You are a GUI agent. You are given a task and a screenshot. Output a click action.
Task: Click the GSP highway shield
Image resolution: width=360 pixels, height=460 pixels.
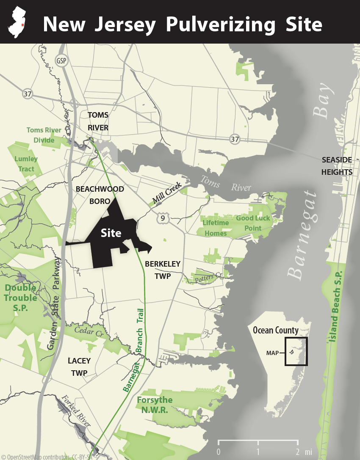62,61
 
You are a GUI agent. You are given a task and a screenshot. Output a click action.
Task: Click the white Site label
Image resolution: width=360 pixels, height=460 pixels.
111,233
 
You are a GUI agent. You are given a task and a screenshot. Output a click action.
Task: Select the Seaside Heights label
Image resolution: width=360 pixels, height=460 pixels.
337,166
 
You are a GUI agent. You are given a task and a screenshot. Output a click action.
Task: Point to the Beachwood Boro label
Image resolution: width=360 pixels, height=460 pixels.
100,195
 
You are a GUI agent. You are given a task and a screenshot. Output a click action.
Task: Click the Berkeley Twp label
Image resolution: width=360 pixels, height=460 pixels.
163,270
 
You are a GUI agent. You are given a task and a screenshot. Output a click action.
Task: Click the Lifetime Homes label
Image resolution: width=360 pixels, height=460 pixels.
215,228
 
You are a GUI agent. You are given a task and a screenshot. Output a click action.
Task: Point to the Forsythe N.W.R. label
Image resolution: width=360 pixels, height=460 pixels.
155,405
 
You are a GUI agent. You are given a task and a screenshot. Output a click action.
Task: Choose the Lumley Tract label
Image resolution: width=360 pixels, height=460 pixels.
26,164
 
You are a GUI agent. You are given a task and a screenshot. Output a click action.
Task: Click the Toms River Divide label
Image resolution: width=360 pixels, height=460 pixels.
44,135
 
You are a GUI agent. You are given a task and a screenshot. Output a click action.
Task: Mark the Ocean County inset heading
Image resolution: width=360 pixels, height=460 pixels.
276,330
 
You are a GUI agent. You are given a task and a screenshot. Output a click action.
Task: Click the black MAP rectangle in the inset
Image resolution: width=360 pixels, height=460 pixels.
296,351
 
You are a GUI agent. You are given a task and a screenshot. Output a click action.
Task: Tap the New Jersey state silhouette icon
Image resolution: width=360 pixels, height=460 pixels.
17,22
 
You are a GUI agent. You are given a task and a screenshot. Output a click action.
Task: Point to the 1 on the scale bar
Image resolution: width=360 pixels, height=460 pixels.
258,451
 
